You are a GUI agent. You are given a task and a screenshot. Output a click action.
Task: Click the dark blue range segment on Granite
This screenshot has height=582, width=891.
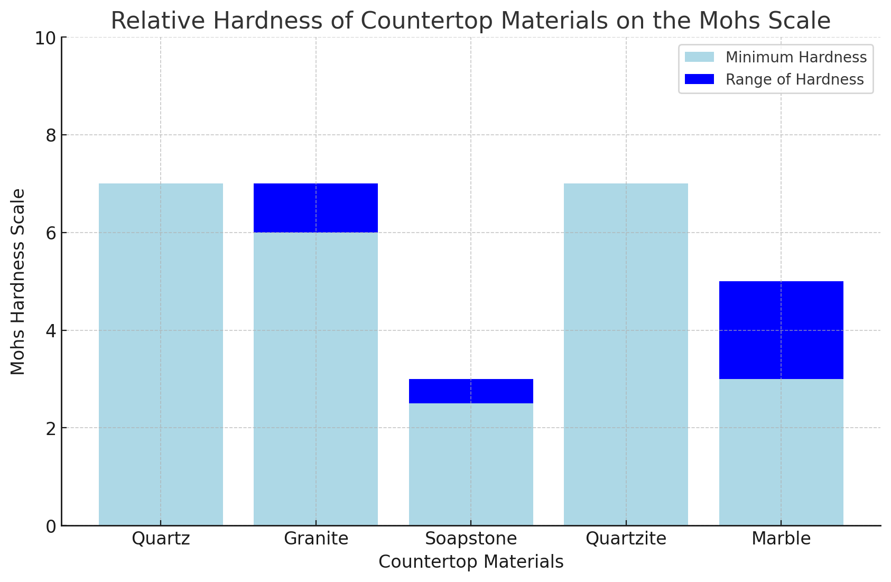[315, 208]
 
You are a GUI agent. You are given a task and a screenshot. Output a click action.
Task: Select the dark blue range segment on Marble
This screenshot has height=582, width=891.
[781, 330]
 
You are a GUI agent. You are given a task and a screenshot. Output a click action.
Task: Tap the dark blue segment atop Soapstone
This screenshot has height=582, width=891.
[471, 391]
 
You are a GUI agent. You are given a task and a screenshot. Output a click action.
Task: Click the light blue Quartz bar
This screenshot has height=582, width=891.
[161, 354]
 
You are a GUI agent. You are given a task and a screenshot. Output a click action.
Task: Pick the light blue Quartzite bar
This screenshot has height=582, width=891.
[626, 354]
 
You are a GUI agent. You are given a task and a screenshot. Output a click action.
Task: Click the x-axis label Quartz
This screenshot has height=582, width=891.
[161, 539]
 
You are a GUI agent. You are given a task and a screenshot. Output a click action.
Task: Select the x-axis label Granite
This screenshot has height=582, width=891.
[316, 539]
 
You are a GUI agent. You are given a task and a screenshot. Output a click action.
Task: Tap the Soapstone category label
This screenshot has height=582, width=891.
[471, 539]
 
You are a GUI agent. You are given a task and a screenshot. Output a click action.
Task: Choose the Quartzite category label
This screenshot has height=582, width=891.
[626, 539]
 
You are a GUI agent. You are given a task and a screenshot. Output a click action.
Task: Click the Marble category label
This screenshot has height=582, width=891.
[781, 539]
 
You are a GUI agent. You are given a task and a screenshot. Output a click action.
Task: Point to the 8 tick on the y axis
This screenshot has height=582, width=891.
[51, 135]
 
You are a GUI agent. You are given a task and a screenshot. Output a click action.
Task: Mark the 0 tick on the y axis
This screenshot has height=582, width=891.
[51, 526]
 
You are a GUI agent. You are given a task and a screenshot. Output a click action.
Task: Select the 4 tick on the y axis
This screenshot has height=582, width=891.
[51, 331]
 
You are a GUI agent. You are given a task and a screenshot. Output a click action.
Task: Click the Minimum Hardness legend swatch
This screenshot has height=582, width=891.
[699, 57]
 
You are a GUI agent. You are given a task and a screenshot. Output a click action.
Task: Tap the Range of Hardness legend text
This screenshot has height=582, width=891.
[794, 79]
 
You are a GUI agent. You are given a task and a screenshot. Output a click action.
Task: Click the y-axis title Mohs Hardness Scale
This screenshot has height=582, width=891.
[18, 281]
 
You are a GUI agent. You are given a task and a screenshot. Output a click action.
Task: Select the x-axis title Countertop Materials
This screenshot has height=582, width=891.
[471, 562]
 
